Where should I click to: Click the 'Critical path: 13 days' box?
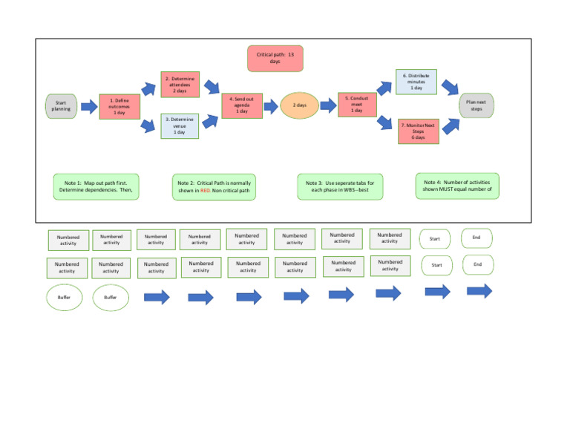tap(275, 58)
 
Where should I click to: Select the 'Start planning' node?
tap(61, 106)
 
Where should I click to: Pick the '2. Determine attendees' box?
tap(180, 85)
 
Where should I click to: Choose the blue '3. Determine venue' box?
tap(180, 125)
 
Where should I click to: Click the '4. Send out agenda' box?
tap(241, 105)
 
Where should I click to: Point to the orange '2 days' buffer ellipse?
tap(299, 105)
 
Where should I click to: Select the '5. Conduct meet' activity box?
tap(356, 105)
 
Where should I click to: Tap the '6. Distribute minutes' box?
tap(416, 82)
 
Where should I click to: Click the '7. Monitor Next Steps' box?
tap(418, 131)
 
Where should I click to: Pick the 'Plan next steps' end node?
tap(476, 105)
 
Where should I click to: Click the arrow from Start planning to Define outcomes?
tap(88, 107)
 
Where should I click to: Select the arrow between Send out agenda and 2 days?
tap(269, 105)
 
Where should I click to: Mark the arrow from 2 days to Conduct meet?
tap(327, 105)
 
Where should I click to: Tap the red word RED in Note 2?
tap(205, 190)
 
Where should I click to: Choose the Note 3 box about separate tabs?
tap(340, 186)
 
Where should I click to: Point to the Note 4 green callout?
tap(456, 186)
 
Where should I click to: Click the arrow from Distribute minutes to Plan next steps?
tap(450, 88)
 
